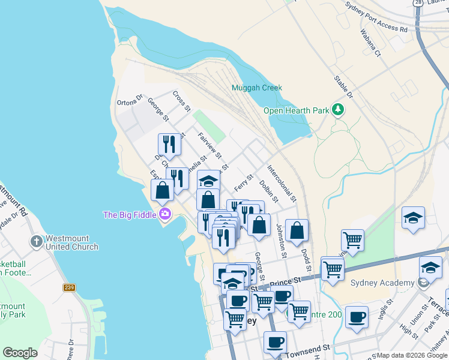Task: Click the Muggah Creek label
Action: (257, 88)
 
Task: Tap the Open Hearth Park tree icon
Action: (339, 110)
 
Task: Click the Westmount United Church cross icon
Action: (36, 241)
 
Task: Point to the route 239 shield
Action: (69, 288)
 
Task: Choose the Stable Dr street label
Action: (344, 86)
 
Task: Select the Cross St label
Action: (181, 101)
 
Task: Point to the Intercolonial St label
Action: (282, 182)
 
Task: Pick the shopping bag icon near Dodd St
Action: (297, 231)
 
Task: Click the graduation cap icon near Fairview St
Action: (209, 181)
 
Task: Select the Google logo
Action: (20, 353)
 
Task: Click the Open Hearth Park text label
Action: (297, 110)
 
